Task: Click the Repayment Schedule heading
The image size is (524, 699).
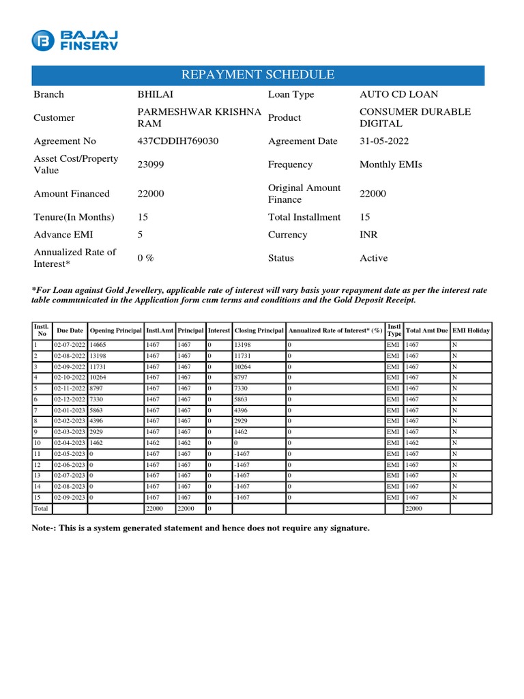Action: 257,75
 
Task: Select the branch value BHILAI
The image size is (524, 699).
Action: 155,95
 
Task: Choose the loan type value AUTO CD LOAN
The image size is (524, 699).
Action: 398,95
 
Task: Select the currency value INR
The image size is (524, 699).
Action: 368,235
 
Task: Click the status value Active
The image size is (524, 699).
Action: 373,258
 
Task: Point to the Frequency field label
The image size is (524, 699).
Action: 290,165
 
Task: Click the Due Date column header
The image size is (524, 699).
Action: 70,330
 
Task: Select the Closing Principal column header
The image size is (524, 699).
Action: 259,330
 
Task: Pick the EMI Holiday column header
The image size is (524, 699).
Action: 471,330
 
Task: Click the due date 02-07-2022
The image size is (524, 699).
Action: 70,345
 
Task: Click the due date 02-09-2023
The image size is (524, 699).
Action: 70,498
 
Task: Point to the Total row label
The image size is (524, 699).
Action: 41,509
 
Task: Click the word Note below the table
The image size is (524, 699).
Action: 44,528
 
